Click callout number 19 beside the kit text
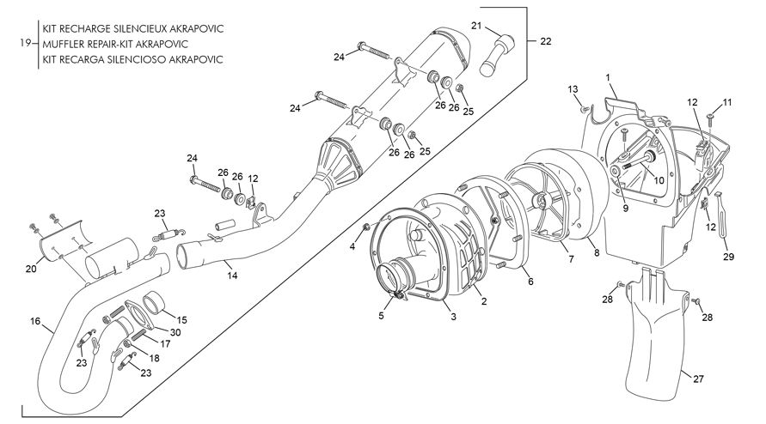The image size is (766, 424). point(26,43)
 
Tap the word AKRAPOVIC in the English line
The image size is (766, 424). point(162,45)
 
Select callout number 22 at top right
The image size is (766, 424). point(546,41)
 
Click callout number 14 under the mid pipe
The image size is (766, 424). point(232,276)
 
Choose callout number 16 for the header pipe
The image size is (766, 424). point(35,322)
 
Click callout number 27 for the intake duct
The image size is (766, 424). point(699,379)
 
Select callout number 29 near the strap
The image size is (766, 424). point(728,257)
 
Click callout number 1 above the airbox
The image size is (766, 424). point(608,77)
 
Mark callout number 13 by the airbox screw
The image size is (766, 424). point(573,89)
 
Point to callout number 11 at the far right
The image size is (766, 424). point(727,102)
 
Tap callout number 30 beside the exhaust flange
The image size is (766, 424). point(175,332)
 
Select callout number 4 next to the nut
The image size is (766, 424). point(352,246)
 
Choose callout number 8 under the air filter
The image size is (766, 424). point(597,253)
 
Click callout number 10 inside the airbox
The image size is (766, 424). point(659,180)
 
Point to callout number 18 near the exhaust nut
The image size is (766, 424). point(154,359)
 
